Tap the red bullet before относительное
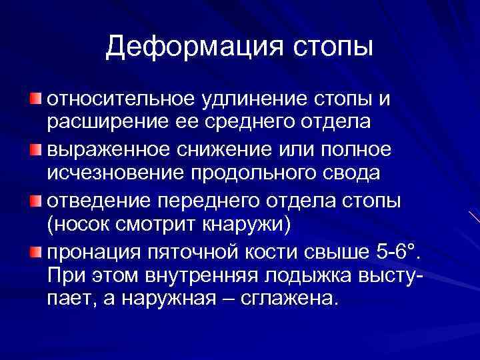click(x=35, y=99)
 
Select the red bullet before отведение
click(x=35, y=201)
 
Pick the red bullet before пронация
click(x=35, y=251)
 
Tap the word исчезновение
click(x=114, y=175)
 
